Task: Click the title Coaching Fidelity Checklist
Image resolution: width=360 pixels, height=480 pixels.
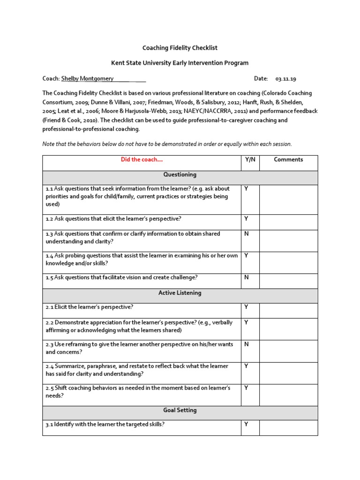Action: pos(180,48)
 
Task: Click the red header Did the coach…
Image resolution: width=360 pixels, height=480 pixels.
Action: pos(141,160)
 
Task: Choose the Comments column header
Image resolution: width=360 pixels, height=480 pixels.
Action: pos(288,160)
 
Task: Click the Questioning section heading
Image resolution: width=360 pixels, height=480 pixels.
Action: pos(180,175)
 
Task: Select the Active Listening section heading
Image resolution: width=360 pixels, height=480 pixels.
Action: pos(180,293)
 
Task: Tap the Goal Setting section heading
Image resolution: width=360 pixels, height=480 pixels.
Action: pos(180,410)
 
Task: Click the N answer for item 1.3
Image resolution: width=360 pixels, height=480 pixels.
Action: pos(246,234)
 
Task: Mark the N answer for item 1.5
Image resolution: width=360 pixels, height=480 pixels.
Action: pos(246,277)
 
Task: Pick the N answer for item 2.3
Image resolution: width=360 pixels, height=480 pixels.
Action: pos(246,344)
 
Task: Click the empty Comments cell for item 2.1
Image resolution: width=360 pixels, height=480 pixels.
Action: pos(288,310)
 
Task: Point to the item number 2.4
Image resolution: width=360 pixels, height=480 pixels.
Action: pos(50,367)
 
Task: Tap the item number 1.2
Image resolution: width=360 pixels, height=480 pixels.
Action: pos(50,219)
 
